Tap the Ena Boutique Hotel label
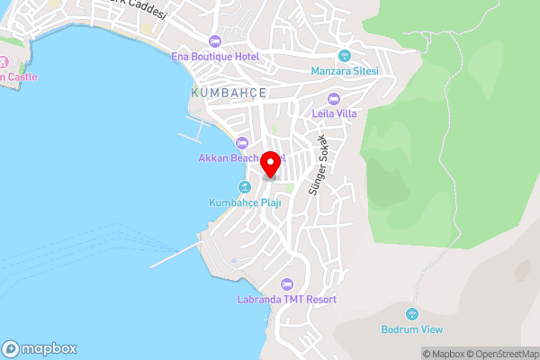(215, 57)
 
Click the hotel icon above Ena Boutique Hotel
(215, 40)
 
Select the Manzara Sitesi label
(345, 71)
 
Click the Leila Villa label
(335, 113)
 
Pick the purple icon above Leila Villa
(335, 97)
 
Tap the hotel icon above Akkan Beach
(241, 142)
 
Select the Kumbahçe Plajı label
(245, 202)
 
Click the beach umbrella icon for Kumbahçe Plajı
(244, 186)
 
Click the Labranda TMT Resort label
(287, 299)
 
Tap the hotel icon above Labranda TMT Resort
(287, 283)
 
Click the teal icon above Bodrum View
(412, 313)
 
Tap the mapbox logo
(40, 349)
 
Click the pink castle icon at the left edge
(3, 63)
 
